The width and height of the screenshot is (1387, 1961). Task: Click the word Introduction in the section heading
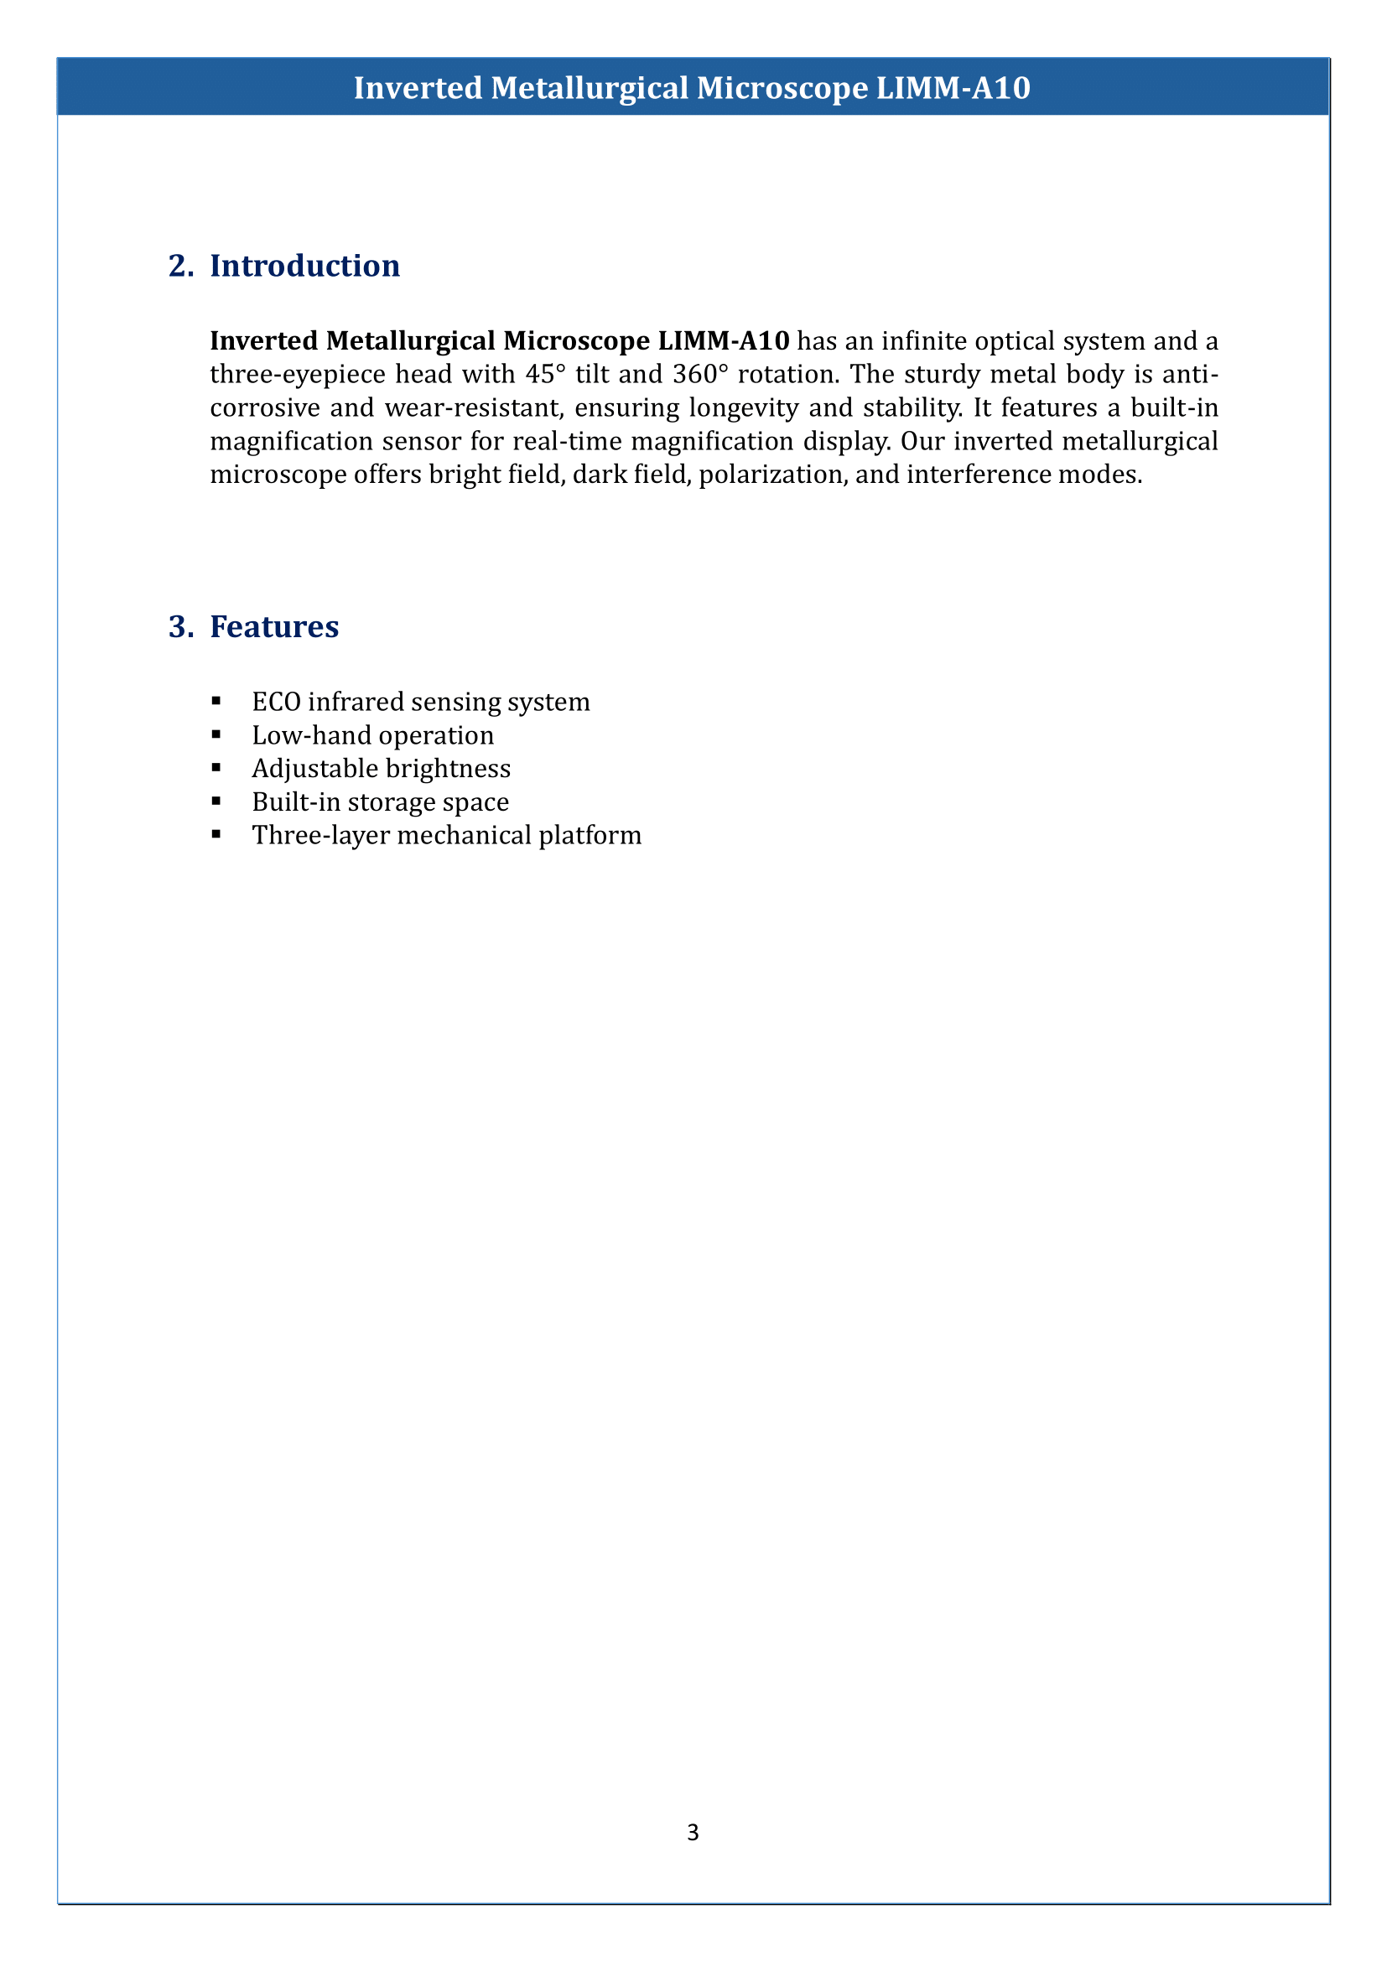[x=304, y=267]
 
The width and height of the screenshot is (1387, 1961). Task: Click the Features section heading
[x=274, y=627]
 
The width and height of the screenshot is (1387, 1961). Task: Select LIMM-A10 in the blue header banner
[x=953, y=88]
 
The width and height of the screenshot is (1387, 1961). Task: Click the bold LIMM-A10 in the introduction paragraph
[x=724, y=340]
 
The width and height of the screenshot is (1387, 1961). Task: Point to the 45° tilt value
[x=546, y=374]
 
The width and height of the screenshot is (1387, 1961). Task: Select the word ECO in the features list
[x=276, y=702]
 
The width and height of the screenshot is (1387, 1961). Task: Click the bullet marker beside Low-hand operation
[x=216, y=734]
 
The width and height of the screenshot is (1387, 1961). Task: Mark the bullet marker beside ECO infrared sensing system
[x=216, y=701]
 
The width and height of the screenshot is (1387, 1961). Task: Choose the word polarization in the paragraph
[x=771, y=474]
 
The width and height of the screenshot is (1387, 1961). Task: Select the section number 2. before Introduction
[x=181, y=267]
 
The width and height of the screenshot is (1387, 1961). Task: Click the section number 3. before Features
[x=181, y=627]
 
